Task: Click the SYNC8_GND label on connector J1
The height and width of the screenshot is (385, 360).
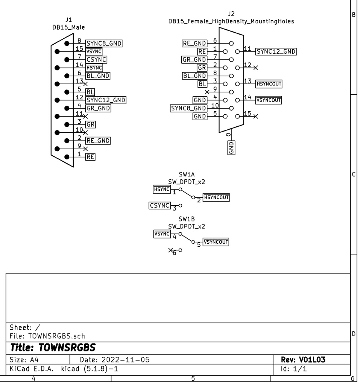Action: pos(104,43)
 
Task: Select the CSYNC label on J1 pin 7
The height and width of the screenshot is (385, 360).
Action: pos(96,59)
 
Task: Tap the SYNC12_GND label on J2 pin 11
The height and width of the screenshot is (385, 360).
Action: pos(276,52)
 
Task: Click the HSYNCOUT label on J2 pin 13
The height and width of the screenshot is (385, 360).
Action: pos(269,84)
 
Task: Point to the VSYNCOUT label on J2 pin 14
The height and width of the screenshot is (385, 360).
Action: pos(269,100)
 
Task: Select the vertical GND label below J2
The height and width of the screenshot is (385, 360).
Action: pos(231,147)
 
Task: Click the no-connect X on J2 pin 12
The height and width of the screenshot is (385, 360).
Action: pos(256,68)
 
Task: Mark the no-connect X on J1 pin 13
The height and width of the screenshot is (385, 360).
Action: pos(85,84)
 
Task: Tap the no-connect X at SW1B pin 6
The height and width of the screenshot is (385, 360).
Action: pos(170,250)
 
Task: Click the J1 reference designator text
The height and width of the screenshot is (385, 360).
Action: pos(68,20)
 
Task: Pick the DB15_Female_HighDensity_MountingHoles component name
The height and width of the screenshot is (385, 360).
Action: pos(231,21)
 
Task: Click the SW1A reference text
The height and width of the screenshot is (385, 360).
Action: pos(187,175)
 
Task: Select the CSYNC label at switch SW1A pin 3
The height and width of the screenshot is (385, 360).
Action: pos(160,205)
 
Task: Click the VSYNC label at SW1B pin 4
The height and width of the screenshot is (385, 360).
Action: pos(162,234)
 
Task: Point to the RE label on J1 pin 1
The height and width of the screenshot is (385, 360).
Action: pos(90,157)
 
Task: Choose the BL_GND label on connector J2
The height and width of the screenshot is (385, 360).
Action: pos(194,76)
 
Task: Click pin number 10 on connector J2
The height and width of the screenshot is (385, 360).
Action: pos(214,105)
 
